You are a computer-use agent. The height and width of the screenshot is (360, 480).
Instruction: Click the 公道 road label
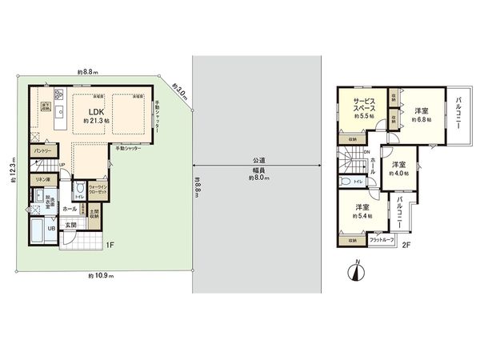258,160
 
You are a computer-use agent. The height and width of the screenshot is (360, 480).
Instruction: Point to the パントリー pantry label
42,150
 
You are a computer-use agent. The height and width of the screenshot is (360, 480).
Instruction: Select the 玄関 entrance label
70,226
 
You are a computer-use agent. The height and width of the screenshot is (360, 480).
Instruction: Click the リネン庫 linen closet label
42,179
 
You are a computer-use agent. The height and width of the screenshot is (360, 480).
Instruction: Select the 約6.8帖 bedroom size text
421,118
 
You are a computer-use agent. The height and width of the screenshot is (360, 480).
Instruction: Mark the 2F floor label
406,245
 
